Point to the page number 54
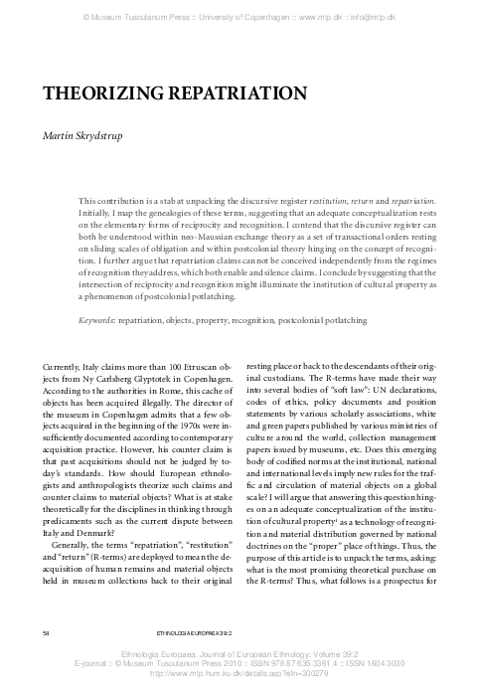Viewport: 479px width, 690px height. point(46,630)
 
